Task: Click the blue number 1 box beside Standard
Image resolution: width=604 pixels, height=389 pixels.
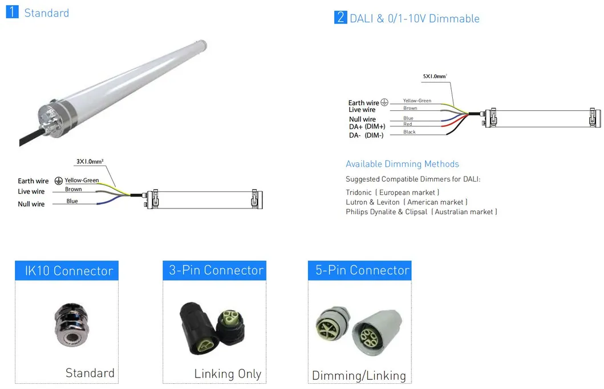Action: [x=13, y=11]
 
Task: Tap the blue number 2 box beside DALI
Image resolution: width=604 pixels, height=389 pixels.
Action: [x=340, y=17]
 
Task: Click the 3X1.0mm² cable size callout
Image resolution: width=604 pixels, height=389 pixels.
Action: [x=90, y=161]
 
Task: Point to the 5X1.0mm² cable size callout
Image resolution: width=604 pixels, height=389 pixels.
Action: [x=435, y=76]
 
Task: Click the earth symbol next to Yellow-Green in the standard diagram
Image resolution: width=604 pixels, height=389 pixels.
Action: [x=59, y=181]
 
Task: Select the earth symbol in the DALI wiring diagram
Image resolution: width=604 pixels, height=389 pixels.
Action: [x=384, y=102]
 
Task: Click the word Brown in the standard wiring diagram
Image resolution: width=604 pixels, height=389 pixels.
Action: [x=73, y=189]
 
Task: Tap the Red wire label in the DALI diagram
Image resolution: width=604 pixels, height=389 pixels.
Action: [x=408, y=124]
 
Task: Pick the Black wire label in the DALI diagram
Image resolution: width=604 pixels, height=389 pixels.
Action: [x=410, y=132]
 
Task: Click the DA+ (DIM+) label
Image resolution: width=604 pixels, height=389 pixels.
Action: [x=367, y=127]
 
